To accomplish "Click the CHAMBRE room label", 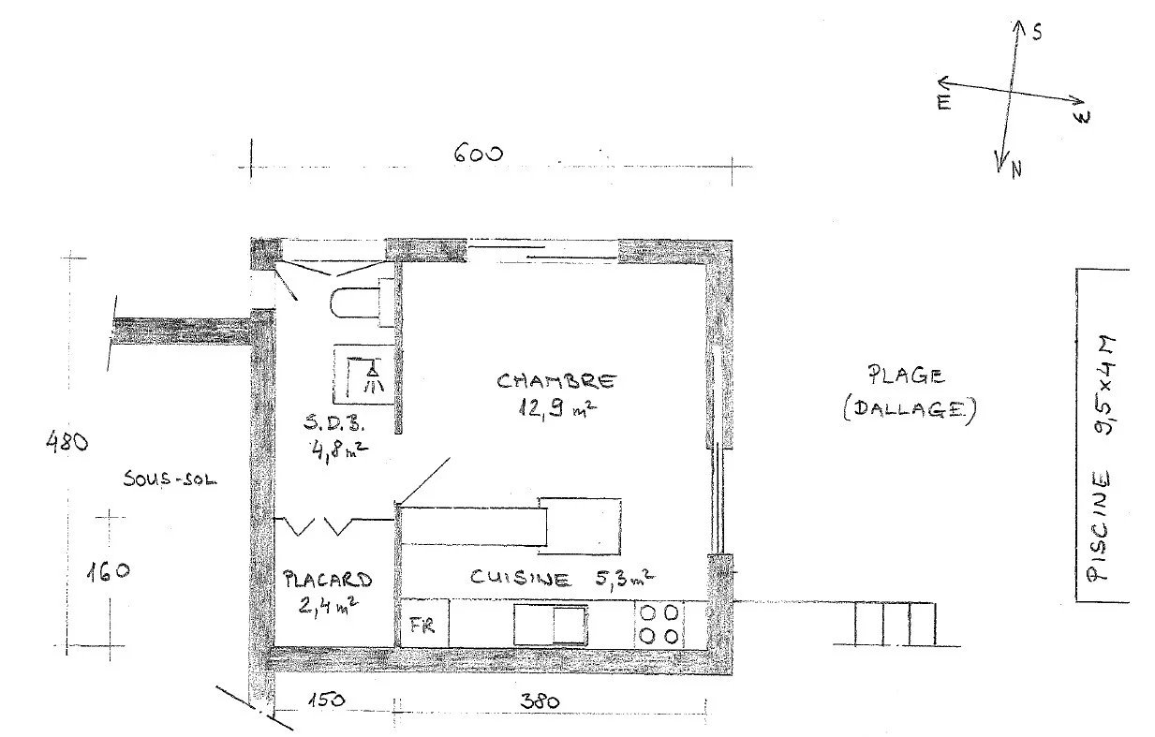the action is [x=556, y=381].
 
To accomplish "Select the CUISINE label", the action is [x=521, y=578].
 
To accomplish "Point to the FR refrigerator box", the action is [x=424, y=623].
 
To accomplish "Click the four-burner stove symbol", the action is [x=659, y=625].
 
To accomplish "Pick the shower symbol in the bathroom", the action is [x=365, y=375].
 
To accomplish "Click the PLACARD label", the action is [x=328, y=580].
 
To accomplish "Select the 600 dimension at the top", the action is [x=478, y=154].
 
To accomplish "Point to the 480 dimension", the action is [x=67, y=442].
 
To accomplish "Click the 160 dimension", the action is [x=108, y=571].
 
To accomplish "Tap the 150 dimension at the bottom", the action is [x=326, y=700].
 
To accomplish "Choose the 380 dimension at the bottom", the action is [x=540, y=700].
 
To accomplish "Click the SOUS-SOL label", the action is [x=170, y=479].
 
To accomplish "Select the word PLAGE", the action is [x=906, y=375].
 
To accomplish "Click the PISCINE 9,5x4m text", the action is [x=1101, y=459].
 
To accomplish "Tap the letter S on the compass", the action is [x=1037, y=33].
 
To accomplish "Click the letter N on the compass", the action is [x=1016, y=170].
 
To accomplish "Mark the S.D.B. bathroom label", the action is [x=334, y=423].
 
